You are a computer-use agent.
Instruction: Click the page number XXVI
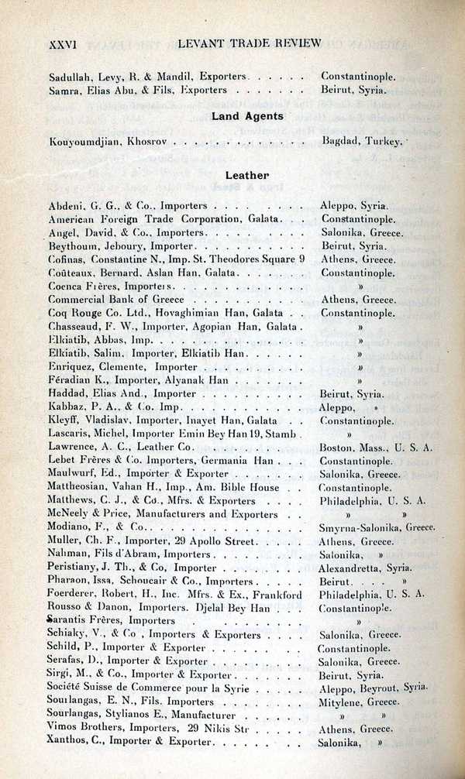pos(61,44)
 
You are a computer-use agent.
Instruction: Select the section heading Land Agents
pos(248,117)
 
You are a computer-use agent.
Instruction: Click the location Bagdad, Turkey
pos(361,142)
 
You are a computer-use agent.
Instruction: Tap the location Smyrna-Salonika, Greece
pos(377,527)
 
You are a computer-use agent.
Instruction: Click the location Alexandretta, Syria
pos(365,568)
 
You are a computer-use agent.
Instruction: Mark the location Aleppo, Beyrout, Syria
pos(373,688)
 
